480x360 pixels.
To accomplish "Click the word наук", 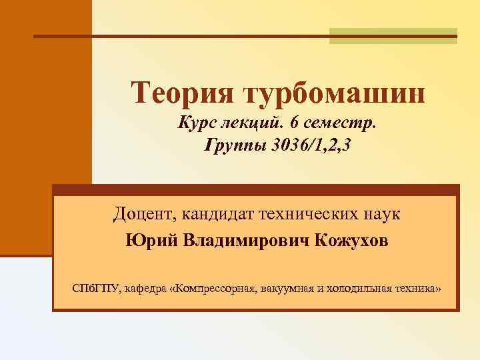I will [x=381, y=215].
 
